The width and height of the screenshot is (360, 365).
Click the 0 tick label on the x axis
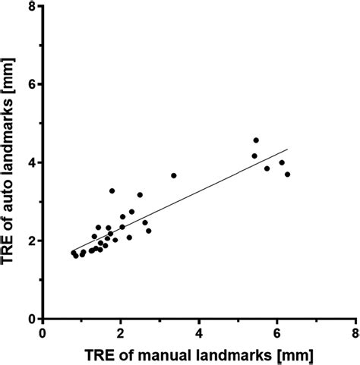click(43, 332)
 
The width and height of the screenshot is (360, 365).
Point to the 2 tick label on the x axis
click(122, 332)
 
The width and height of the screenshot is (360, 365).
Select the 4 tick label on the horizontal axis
click(199, 332)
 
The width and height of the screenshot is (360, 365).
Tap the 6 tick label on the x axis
click(277, 332)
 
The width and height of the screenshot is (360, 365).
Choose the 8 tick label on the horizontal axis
click(355, 332)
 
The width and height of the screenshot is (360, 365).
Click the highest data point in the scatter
click(256, 140)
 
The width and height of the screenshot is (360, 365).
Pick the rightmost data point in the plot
click(287, 175)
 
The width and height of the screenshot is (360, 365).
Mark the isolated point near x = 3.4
click(174, 175)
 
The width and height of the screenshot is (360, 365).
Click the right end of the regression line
click(288, 149)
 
